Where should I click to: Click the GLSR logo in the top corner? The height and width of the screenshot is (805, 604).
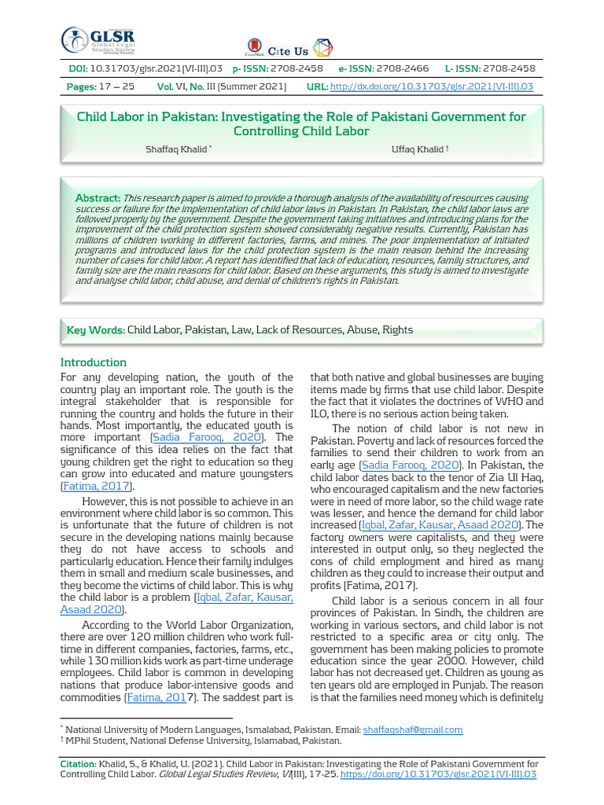98,42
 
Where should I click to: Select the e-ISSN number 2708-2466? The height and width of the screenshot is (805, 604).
402,69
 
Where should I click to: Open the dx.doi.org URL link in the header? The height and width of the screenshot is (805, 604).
432,86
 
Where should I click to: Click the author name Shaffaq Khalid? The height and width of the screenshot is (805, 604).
176,149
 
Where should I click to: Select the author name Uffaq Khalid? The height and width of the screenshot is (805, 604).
417,149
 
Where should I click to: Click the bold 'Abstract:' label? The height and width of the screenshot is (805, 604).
98,198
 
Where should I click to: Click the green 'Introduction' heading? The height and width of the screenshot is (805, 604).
94,362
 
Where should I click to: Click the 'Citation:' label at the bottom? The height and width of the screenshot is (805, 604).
79,763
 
